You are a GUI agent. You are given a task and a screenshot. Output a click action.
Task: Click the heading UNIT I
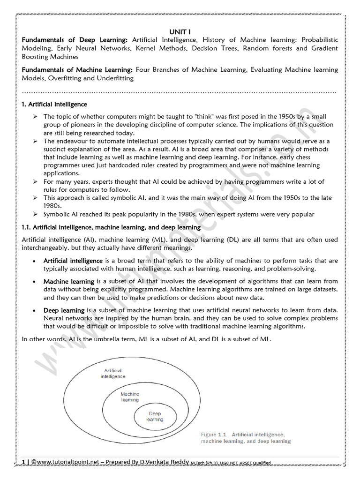click(180, 31)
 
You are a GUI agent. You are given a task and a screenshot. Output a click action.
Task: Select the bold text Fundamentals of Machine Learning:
click(77, 70)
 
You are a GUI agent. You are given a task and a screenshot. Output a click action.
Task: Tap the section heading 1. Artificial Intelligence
click(54, 104)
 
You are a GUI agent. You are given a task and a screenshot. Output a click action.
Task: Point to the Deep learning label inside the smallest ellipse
click(155, 417)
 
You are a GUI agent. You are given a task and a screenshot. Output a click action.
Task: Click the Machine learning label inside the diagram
click(130, 397)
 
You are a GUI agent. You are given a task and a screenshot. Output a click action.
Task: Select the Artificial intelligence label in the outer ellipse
click(113, 373)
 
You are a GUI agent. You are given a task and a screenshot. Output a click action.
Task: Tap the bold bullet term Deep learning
click(64, 310)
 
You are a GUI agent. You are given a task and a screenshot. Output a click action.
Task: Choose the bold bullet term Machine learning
click(69, 282)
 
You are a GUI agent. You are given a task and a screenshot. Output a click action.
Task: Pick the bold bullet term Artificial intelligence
click(73, 261)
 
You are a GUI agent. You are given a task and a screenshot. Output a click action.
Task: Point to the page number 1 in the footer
click(23, 462)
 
